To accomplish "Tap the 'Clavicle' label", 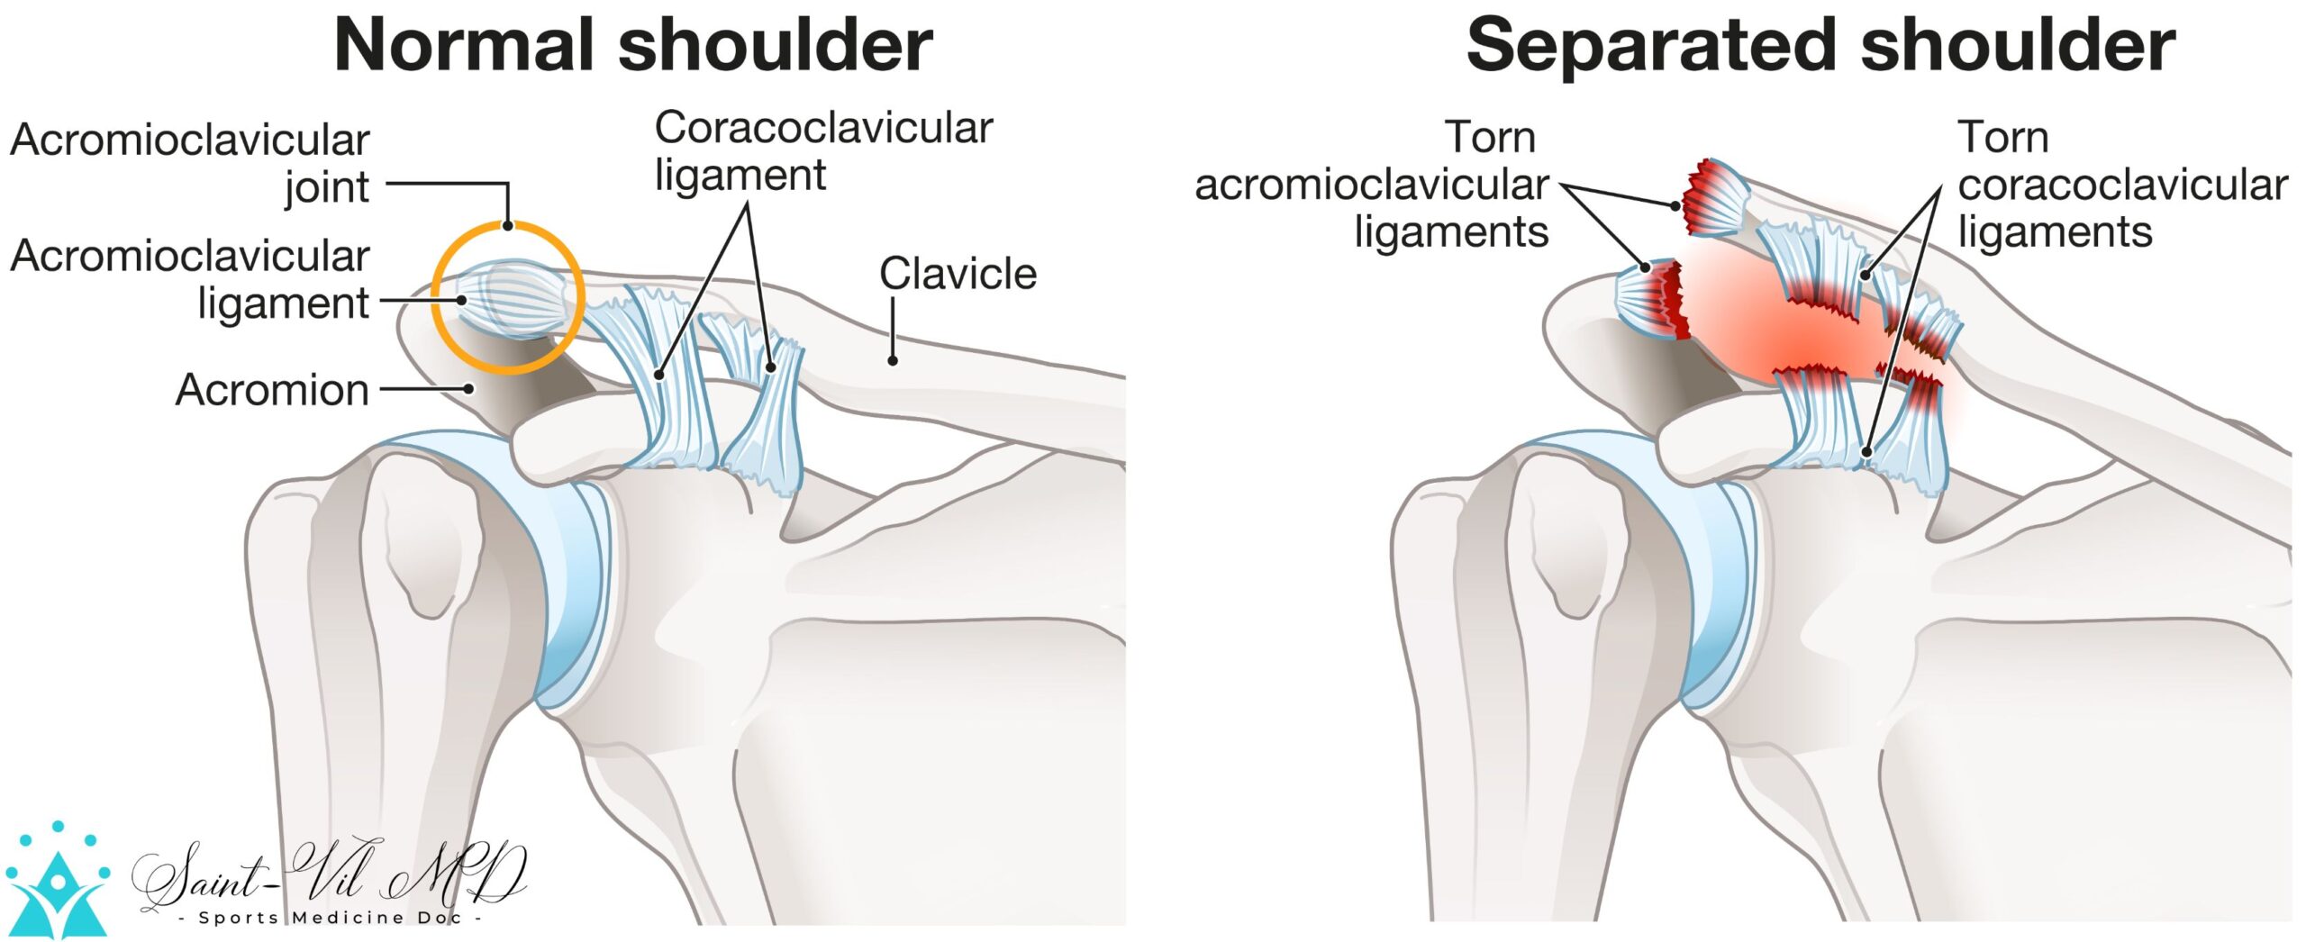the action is [x=958, y=273].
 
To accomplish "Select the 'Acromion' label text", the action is [x=272, y=390].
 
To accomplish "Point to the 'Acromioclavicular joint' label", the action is [x=190, y=163].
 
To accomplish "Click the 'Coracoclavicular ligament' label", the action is [x=823, y=150].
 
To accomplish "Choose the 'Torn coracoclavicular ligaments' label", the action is [x=2122, y=185].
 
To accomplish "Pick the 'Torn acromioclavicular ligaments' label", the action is [x=1372, y=185].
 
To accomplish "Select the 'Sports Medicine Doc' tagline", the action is [x=330, y=918].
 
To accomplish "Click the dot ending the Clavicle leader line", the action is [x=893, y=361].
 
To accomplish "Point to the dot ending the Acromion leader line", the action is [x=468, y=389].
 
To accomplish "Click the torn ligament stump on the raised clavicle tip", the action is [x=1714, y=197].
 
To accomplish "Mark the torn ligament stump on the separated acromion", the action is [x=1650, y=301].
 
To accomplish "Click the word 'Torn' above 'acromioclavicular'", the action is [x=1491, y=138].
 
